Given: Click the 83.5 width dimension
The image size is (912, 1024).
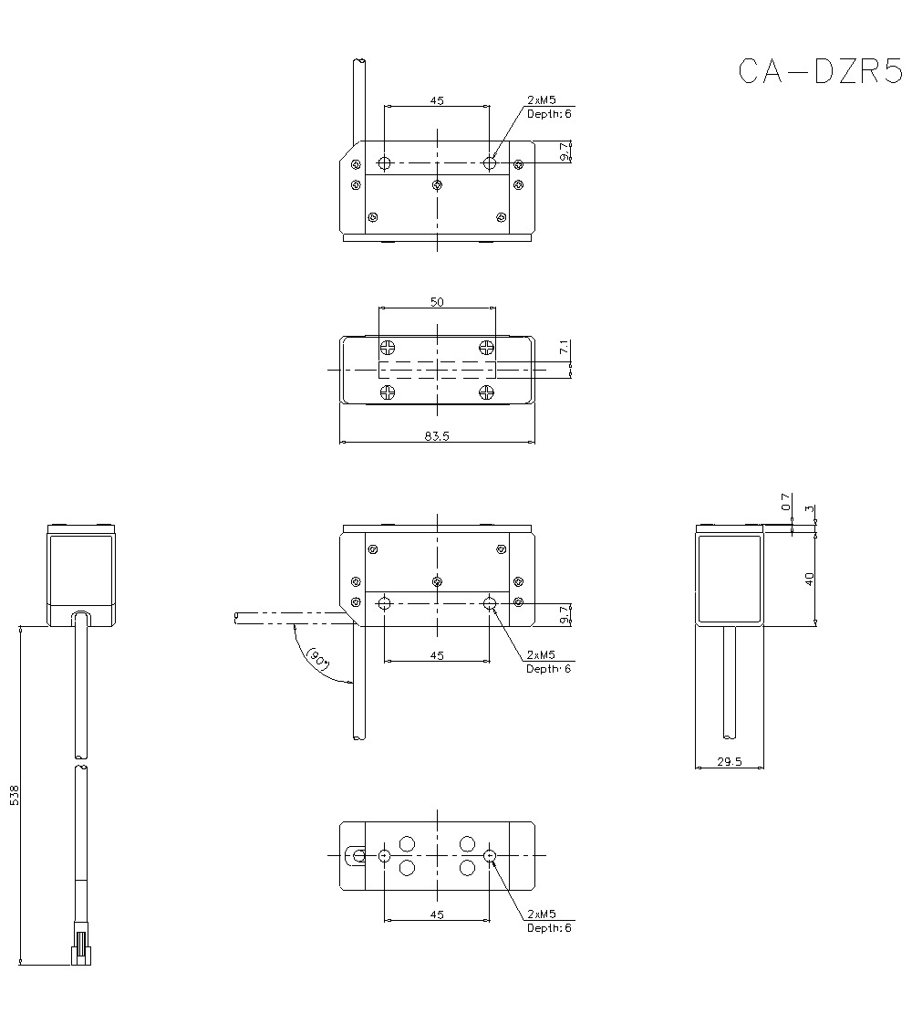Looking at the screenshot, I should (x=437, y=436).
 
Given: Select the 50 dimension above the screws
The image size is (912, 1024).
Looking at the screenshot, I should (x=437, y=302).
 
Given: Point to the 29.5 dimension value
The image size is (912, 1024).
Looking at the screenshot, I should (x=729, y=761).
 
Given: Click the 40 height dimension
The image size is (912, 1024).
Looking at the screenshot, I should (x=810, y=578).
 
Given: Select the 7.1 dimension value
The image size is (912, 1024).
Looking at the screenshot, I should (x=565, y=348).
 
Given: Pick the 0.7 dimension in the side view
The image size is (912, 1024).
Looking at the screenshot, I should (x=786, y=503).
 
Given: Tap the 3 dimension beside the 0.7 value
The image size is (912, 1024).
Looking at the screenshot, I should (x=810, y=508).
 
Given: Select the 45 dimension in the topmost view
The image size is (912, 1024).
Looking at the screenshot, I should (x=437, y=100).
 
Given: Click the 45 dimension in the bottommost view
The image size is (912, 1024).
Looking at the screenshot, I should (x=437, y=914).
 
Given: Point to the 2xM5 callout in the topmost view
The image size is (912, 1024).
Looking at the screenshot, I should (x=542, y=99).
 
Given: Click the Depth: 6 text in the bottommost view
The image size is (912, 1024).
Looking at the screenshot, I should (x=549, y=928).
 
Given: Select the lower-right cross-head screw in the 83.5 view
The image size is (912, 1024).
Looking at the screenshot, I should (x=486, y=392).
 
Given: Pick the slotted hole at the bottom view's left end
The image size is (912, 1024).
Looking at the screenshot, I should (x=356, y=855).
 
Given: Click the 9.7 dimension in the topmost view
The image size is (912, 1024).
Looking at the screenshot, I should (x=565, y=152).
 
